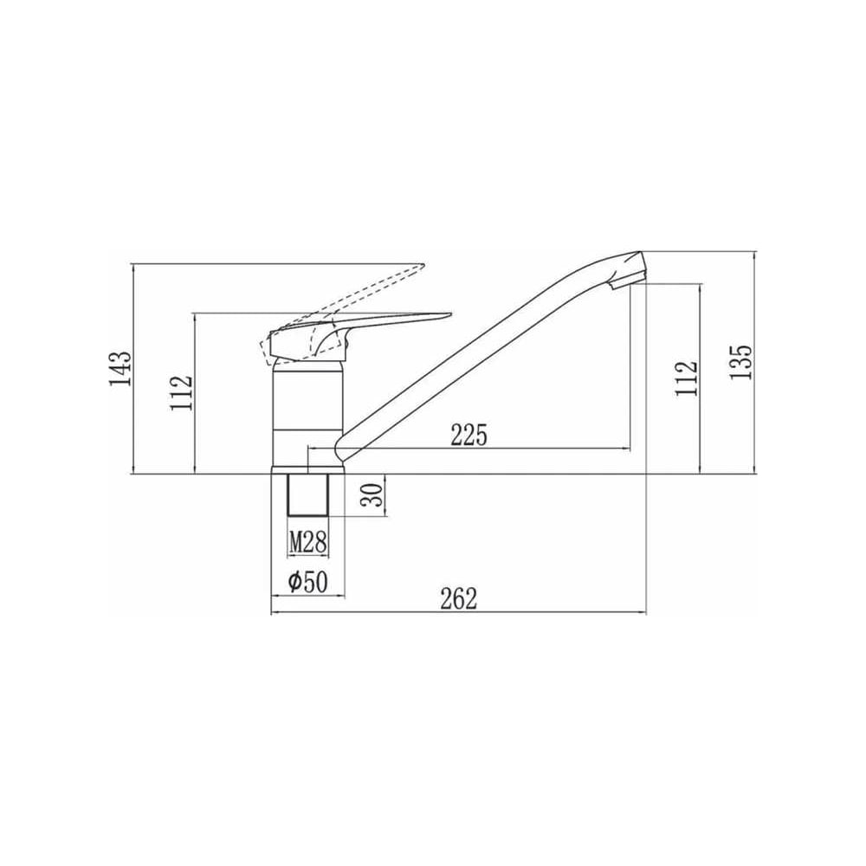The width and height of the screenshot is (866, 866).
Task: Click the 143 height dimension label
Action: pos(120,368)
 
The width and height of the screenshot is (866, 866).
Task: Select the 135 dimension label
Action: pos(740,362)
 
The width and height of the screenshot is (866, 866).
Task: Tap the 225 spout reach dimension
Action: pos(469,436)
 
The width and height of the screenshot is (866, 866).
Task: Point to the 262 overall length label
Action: pos(458,598)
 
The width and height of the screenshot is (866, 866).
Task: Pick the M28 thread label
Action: pos(308,542)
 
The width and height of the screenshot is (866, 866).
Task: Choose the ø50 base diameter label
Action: pos(308,582)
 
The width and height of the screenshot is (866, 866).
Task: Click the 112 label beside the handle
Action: pos(182,392)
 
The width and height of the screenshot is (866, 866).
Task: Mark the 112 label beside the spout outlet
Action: pos(686,378)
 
